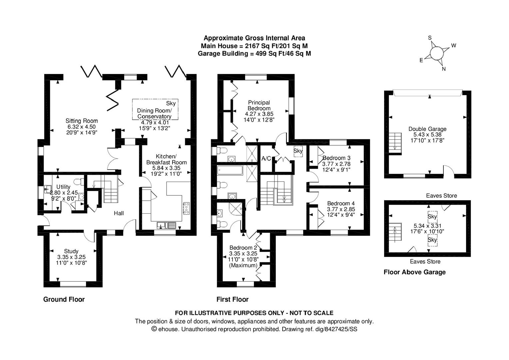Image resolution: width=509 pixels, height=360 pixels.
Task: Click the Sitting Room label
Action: click(x=82, y=121)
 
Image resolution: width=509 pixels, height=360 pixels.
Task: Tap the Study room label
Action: click(x=71, y=251)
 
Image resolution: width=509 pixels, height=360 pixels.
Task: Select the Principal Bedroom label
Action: click(x=259, y=105)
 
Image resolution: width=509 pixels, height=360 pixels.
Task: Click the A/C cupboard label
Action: click(x=266, y=158)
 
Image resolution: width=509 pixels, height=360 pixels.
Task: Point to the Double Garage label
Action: click(x=427, y=129)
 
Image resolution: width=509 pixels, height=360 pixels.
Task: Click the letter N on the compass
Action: click(x=444, y=69)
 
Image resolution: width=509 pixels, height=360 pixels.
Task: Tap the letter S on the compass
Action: click(x=430, y=38)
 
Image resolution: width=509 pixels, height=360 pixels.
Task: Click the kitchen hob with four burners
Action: click(x=186, y=208)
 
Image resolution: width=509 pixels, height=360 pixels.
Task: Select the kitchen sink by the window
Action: click(x=167, y=225)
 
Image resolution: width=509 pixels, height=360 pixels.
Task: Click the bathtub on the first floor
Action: click(x=230, y=170)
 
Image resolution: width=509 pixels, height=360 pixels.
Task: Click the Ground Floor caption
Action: click(x=64, y=299)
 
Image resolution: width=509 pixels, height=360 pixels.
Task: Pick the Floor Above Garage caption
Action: click(x=415, y=272)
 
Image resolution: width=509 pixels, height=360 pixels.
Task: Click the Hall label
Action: click(x=119, y=213)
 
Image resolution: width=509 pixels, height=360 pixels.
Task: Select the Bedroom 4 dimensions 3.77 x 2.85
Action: click(x=341, y=209)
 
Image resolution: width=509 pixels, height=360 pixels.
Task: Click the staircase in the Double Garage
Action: click(x=395, y=143)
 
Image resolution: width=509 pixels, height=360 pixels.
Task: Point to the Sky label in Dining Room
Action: click(x=171, y=103)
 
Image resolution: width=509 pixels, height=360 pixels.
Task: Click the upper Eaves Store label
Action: click(x=441, y=196)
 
